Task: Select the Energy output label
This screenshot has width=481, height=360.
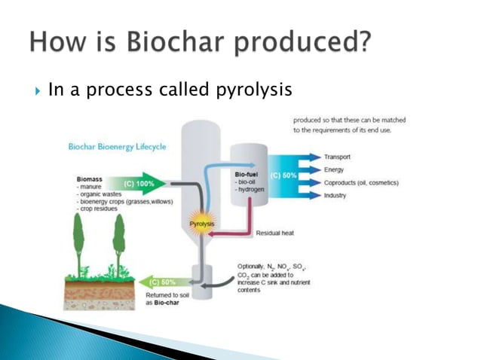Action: coord(335,169)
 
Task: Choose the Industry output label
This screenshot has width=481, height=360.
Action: coord(337,196)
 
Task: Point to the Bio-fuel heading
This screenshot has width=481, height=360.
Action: coord(248,174)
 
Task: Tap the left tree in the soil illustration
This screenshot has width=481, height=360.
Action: coord(78,246)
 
